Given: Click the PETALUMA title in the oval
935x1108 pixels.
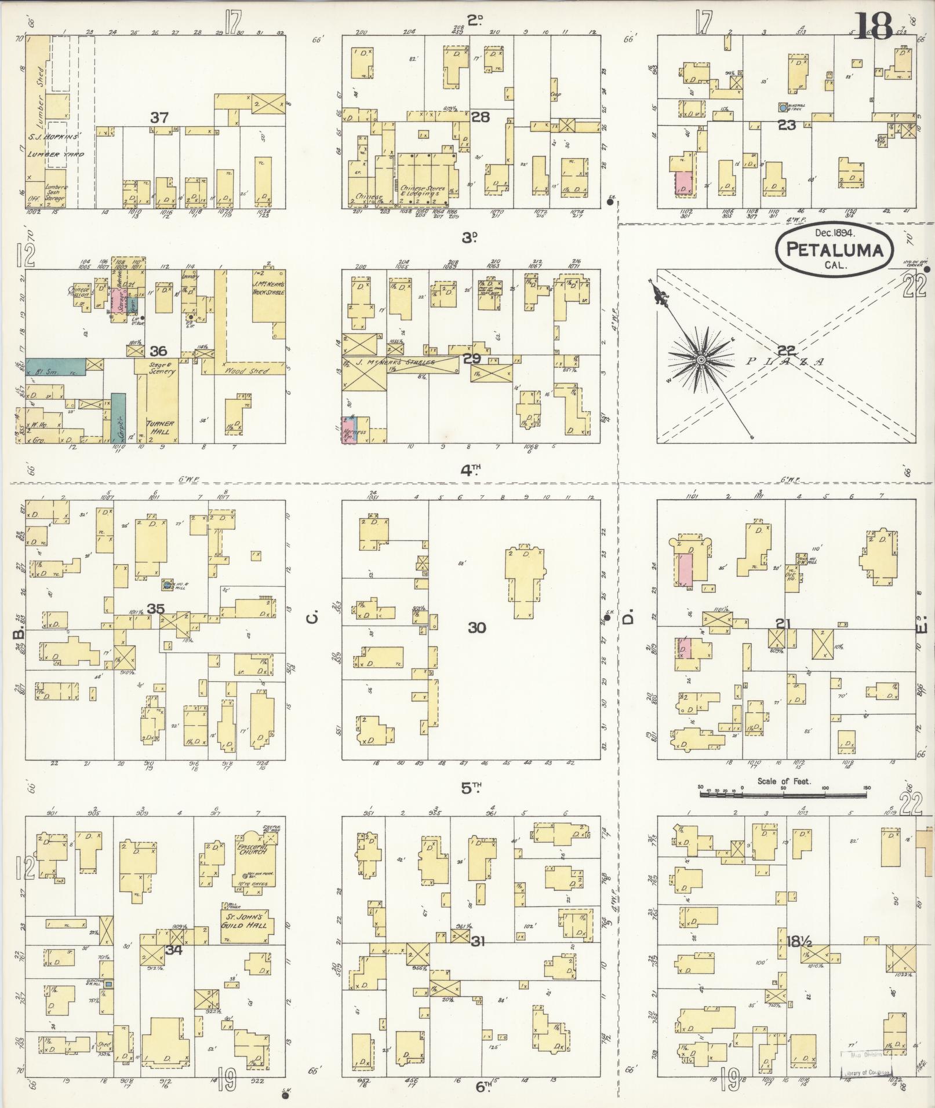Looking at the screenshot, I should pyautogui.click(x=835, y=250).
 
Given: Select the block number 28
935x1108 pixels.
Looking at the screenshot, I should pyautogui.click(x=480, y=118).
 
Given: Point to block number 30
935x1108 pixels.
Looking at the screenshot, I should pyautogui.click(x=476, y=627).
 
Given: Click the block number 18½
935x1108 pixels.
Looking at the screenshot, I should pyautogui.click(x=799, y=941).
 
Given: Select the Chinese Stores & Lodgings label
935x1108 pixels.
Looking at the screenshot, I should pyautogui.click(x=423, y=191).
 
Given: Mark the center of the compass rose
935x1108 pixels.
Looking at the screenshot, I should pyautogui.click(x=701, y=360).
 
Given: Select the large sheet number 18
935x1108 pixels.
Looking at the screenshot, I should pyautogui.click(x=873, y=25).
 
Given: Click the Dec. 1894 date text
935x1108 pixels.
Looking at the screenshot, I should pyautogui.click(x=835, y=232).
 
